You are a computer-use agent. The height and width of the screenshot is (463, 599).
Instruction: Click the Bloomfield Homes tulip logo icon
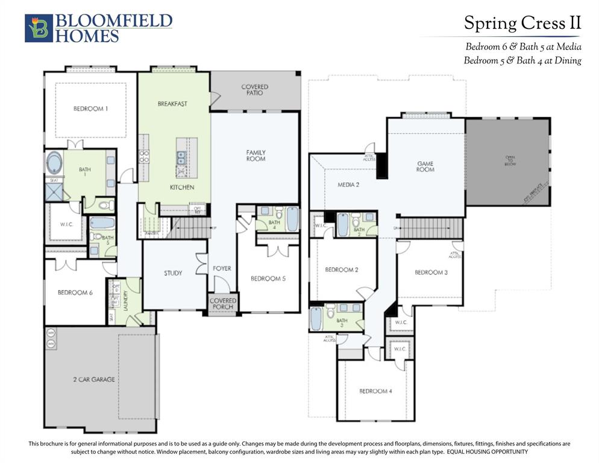39,28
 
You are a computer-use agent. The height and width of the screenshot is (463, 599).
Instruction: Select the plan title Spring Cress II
522,24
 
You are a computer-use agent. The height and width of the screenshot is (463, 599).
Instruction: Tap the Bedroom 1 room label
91,109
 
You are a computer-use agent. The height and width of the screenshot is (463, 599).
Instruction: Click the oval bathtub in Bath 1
54,163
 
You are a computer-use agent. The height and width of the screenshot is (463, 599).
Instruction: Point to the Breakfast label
172,104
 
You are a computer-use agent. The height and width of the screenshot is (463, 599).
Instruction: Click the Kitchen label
181,187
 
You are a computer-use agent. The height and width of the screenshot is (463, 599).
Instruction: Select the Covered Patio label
255,90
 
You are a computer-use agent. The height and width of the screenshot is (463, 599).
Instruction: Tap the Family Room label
256,156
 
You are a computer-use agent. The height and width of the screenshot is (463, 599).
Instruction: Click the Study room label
173,273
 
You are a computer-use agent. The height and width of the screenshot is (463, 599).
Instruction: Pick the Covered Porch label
223,303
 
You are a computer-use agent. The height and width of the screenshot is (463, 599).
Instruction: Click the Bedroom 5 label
268,279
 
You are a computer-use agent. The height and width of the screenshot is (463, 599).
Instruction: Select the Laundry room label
125,300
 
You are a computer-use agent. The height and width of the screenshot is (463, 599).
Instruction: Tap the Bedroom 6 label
75,292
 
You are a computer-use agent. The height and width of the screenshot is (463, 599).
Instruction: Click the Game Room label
425,166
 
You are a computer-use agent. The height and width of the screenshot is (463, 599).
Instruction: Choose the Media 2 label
348,184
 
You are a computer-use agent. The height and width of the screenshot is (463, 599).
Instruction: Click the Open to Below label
510,161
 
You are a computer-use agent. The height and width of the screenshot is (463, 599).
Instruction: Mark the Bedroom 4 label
375,391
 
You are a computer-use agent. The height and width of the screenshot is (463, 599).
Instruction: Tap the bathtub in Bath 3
316,319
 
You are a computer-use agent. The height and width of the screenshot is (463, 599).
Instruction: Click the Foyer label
222,268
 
